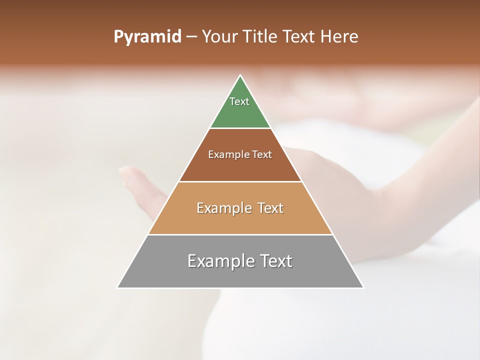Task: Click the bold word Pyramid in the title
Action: [147, 37]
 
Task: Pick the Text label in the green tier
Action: [239, 101]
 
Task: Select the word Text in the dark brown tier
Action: [262, 154]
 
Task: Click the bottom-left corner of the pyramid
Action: [118, 287]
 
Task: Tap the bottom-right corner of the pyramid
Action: [363, 287]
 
